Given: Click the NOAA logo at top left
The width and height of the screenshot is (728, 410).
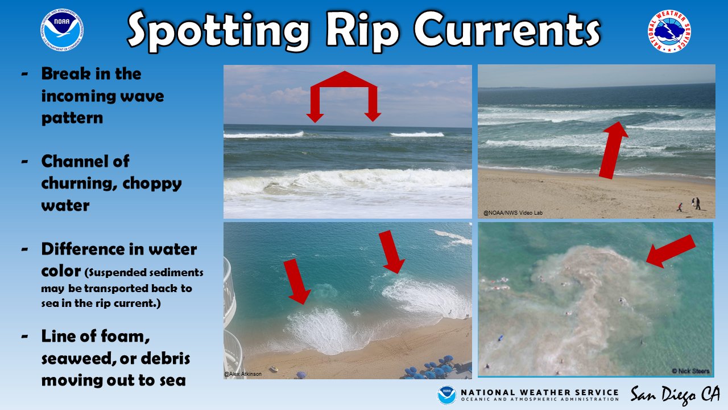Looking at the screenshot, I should tap(62, 30).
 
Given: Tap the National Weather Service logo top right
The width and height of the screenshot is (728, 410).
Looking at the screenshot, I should tap(668, 31).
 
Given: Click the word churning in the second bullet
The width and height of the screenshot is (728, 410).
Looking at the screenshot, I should tap(86, 183).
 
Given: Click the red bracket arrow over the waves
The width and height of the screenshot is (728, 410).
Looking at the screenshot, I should tap(344, 94).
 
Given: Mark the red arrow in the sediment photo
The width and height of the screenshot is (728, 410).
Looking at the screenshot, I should tap(671, 251).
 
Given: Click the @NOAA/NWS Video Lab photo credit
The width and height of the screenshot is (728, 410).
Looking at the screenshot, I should tap(513, 213).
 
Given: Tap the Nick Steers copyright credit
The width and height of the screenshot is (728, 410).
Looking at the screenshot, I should tap(690, 371).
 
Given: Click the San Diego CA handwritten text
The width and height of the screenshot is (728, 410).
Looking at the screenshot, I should tap(675, 395).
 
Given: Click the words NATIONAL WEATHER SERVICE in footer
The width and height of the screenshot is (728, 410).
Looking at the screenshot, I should tap(539, 392).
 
